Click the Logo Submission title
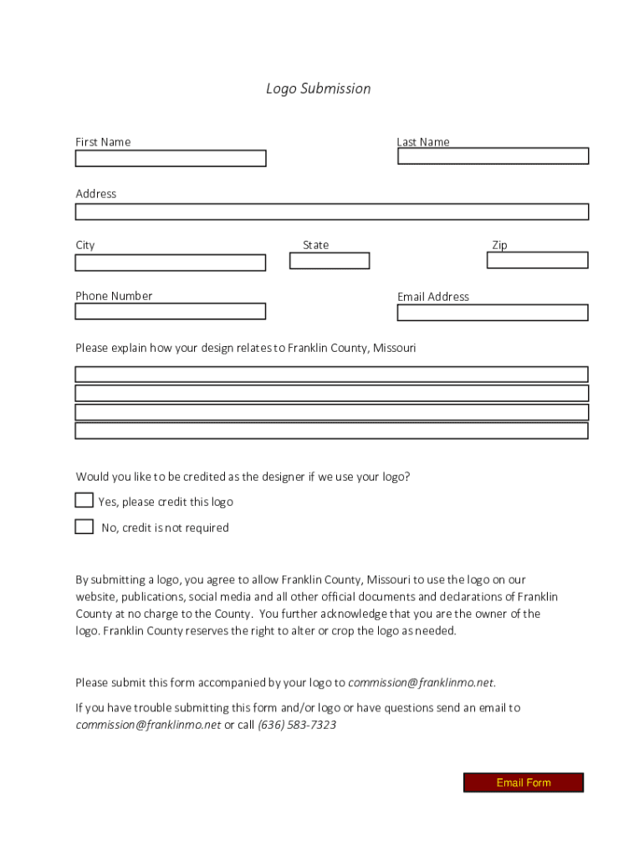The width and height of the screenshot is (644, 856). tap(318, 89)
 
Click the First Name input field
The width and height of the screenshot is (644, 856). tap(171, 159)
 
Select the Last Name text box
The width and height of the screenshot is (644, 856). tap(493, 156)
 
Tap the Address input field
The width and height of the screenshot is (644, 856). tap(331, 211)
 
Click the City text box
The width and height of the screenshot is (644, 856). tap(171, 263)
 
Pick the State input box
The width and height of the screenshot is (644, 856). tap(330, 261)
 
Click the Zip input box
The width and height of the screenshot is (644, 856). tap(537, 260)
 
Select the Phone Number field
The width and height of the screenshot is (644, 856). tap(171, 312)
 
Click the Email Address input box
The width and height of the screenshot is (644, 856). tap(493, 313)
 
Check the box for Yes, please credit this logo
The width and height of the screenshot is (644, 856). tap(84, 501)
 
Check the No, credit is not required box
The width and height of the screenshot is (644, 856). tap(84, 527)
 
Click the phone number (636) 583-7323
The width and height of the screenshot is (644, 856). tap(297, 726)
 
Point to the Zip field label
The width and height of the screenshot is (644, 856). tap(499, 245)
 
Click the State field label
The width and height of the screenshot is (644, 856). tap(315, 245)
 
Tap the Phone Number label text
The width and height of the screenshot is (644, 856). tap(114, 296)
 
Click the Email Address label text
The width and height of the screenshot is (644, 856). tap(433, 297)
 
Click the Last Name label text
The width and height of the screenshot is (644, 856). tap(423, 142)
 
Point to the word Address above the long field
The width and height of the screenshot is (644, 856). tap(96, 194)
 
